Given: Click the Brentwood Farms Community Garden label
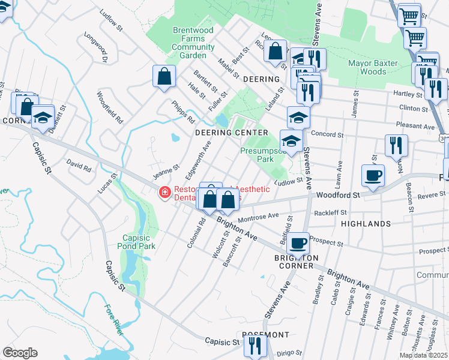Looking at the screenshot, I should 193,43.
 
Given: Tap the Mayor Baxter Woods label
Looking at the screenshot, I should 376,67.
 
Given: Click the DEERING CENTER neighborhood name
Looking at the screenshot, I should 231,133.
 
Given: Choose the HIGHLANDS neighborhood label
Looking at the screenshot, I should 366,223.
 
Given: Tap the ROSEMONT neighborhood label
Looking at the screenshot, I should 265,335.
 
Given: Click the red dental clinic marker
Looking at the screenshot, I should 163,192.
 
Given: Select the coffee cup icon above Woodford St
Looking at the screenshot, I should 373,176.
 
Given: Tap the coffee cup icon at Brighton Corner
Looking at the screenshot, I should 298,244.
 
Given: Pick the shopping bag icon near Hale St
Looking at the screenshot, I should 164,77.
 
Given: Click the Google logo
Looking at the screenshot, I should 20,352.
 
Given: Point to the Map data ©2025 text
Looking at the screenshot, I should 423,355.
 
